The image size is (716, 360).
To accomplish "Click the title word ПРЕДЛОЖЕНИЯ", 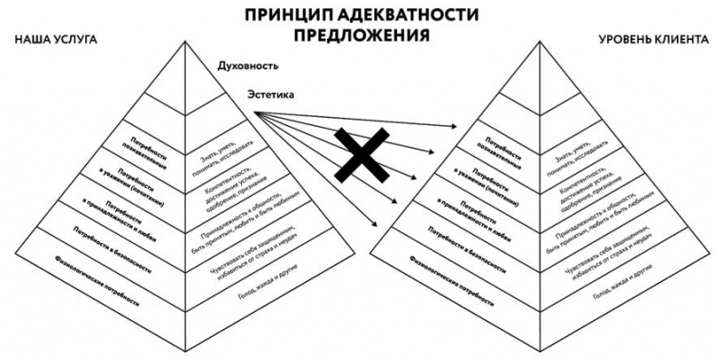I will [x=360, y=36].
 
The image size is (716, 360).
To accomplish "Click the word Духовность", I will [x=247, y=66].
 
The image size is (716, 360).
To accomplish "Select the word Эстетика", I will [x=272, y=93].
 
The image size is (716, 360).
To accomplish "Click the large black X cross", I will [x=360, y=154].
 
